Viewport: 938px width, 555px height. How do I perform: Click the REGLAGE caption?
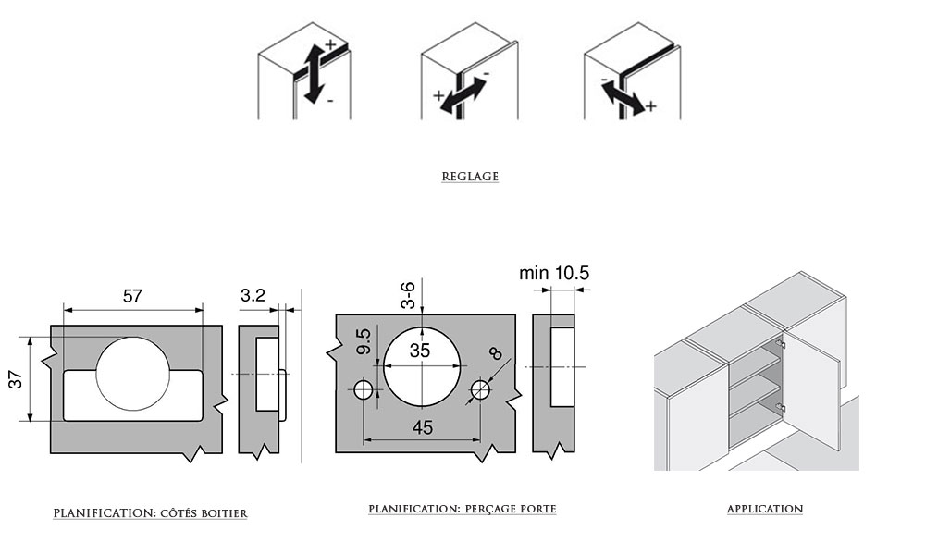470,177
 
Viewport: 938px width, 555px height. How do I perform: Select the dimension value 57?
132,296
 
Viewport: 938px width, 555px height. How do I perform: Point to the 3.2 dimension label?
253,296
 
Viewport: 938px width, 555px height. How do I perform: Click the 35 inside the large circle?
420,351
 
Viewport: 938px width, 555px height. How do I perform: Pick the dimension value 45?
422,427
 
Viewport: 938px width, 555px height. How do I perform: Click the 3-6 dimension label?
408,295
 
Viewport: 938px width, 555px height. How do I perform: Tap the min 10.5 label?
554,273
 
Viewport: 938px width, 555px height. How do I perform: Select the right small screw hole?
479,390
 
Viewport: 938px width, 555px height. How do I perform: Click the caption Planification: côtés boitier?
151,512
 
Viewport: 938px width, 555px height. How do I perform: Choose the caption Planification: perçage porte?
463,509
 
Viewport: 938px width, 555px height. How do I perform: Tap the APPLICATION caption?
764,509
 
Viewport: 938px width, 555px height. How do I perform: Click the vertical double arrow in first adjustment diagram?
314,71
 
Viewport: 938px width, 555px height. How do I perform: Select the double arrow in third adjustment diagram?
622,95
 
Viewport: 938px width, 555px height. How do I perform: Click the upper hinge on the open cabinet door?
781,344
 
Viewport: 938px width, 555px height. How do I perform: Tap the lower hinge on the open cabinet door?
781,406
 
